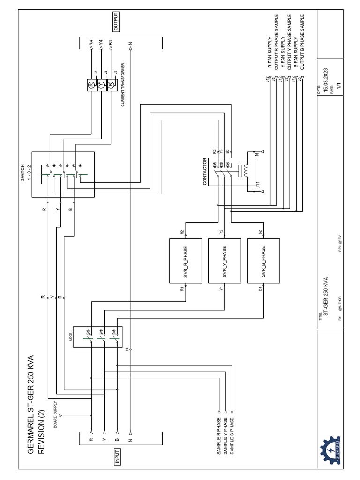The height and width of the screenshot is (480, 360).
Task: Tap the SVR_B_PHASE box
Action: coord(263,261)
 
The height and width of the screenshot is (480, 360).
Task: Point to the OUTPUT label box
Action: coord(116,22)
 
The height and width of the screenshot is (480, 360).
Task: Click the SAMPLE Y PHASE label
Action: coord(225,435)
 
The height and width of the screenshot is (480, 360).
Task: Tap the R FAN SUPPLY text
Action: coord(270,53)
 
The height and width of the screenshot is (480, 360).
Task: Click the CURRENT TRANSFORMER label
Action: coord(123,87)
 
